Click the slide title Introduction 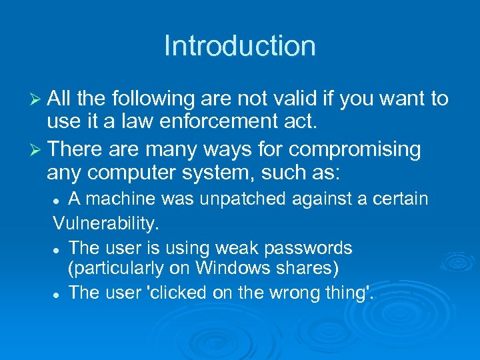click(x=240, y=46)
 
